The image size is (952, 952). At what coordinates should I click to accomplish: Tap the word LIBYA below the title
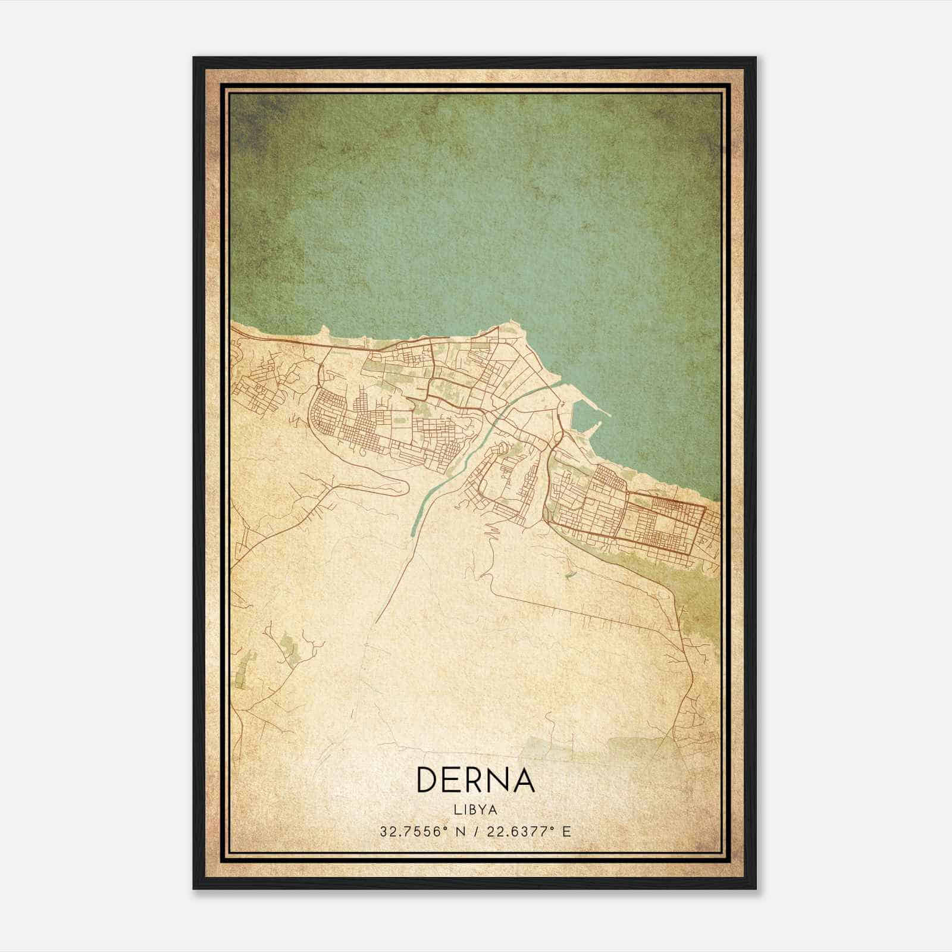pos(475,810)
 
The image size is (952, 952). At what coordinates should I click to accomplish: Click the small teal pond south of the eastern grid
pos(569,575)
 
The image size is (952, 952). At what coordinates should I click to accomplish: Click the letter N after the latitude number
pos(460,831)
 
